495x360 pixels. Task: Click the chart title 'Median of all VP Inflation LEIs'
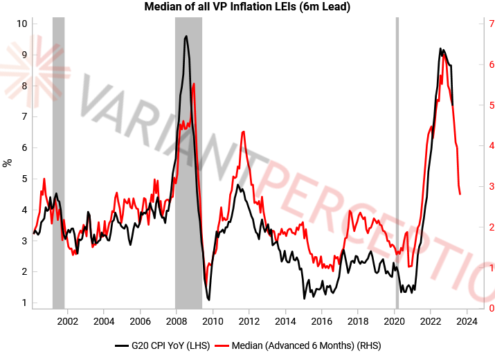(x=247, y=8)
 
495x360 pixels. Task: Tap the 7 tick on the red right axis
(x=490, y=24)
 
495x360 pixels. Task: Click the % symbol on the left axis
(x=8, y=163)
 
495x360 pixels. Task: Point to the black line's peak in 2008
(x=186, y=36)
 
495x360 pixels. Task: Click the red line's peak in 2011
(x=243, y=132)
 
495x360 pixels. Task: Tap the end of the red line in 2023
(x=460, y=195)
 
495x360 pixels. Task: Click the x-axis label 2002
(x=68, y=321)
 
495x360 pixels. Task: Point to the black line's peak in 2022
(x=441, y=48)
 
